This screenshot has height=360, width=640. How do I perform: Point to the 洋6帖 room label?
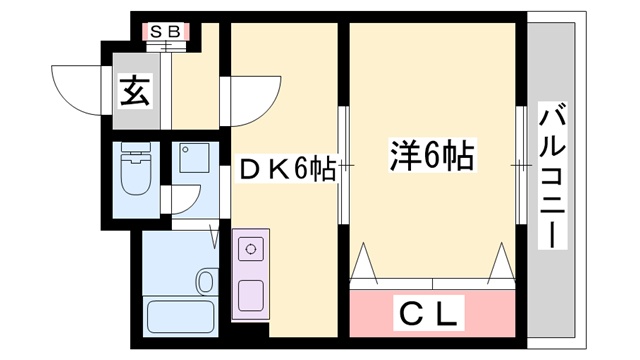(431, 157)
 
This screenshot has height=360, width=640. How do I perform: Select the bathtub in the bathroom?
(179, 318)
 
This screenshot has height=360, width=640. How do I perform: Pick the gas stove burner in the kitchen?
(250, 247)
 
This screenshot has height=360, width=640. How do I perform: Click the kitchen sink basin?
(250, 296)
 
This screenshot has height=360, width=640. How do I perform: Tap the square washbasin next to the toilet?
(189, 158)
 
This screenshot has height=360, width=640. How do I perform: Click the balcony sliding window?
(520, 165)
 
